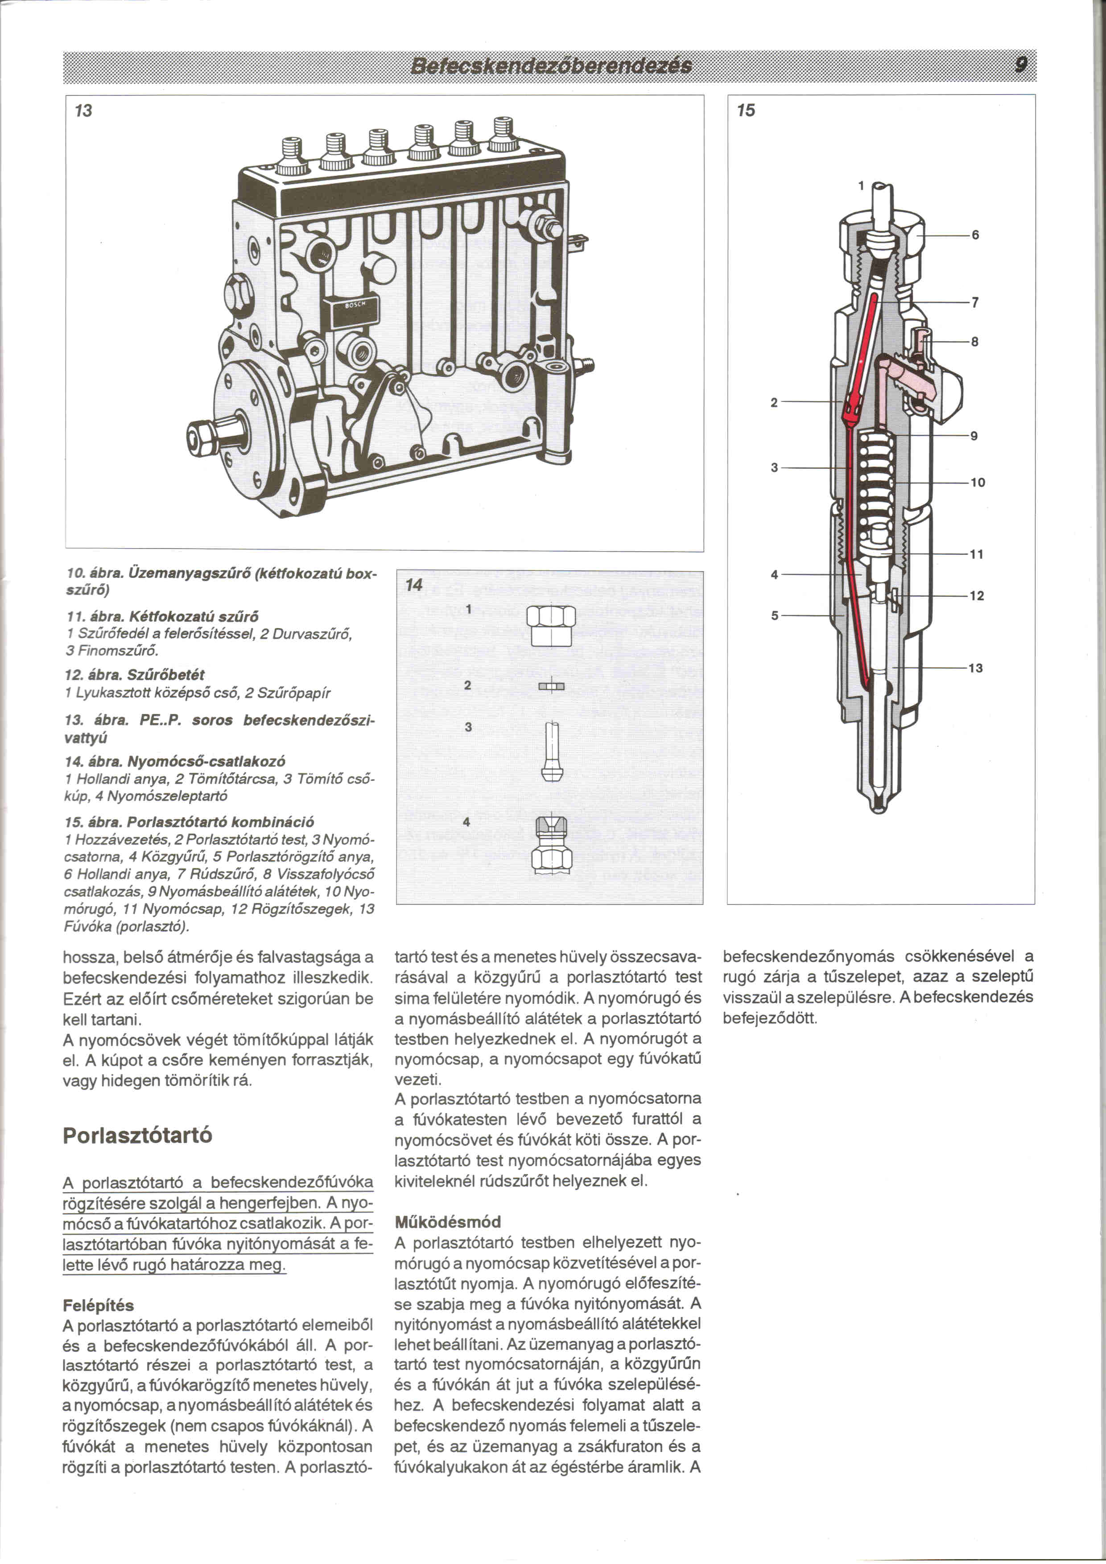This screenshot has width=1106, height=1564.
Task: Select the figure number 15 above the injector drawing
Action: click(x=747, y=110)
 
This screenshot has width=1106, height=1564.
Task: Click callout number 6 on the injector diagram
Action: click(x=975, y=235)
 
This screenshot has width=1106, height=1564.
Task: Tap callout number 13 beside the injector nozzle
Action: click(x=976, y=668)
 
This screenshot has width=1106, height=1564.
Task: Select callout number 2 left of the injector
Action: click(x=774, y=403)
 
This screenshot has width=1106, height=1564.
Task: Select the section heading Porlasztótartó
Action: click(x=137, y=1135)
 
